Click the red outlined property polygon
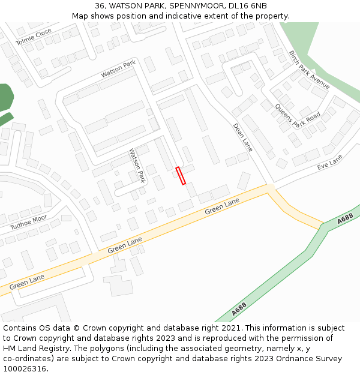pyautogui.click(x=180, y=175)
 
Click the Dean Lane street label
pyautogui.click(x=242, y=137)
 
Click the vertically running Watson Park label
pyautogui.click(x=137, y=166)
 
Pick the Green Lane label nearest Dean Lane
pyautogui.click(x=222, y=207)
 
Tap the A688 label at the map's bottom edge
pyautogui.click(x=239, y=310)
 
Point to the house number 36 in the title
pyautogui.click(x=100, y=5)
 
